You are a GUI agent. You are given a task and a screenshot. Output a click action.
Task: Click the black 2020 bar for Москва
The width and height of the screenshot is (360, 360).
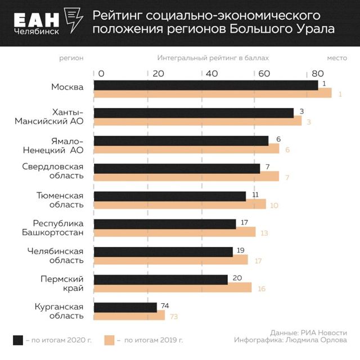tap(205, 84)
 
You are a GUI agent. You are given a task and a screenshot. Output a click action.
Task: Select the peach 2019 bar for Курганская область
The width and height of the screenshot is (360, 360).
tap(129, 316)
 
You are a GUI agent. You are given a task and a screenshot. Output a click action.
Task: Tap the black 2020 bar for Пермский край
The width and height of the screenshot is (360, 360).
tap(160, 280)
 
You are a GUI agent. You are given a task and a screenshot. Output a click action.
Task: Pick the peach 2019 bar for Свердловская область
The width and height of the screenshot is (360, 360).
tap(186, 177)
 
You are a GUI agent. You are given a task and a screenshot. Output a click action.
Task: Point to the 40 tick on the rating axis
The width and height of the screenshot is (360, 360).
tap(211, 73)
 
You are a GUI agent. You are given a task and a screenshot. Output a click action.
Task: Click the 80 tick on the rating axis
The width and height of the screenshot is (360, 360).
tap(317, 73)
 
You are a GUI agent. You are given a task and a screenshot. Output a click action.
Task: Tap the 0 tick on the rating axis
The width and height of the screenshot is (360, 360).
tap(101, 73)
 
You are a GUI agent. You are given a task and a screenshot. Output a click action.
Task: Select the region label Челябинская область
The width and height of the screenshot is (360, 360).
tap(56, 255)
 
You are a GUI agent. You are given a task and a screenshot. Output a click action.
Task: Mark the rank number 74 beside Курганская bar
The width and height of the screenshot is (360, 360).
tap(165, 305)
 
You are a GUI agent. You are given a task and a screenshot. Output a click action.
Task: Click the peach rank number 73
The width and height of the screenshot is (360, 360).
tap(174, 317)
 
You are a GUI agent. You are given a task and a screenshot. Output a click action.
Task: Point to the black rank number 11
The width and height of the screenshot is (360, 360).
tap(255, 195)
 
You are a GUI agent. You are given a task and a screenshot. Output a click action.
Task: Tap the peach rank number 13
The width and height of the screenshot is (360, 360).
tap(264, 233)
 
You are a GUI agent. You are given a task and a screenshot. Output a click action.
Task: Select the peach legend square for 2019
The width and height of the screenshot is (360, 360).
tap(110, 340)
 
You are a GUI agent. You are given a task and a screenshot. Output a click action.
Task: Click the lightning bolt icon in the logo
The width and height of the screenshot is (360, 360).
tap(73, 22)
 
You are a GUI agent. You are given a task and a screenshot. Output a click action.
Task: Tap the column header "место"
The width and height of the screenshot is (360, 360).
tap(337, 58)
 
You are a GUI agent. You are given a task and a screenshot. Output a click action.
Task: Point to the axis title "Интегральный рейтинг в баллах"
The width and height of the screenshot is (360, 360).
tap(213, 58)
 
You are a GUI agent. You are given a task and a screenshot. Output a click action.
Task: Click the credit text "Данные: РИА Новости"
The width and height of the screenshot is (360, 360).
tap(308, 332)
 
